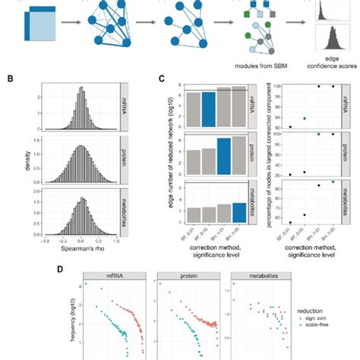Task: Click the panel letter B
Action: [x=7, y=77]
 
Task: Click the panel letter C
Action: [x=159, y=77]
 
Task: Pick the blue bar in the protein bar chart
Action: [x=223, y=158]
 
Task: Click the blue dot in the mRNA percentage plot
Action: [x=304, y=118]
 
